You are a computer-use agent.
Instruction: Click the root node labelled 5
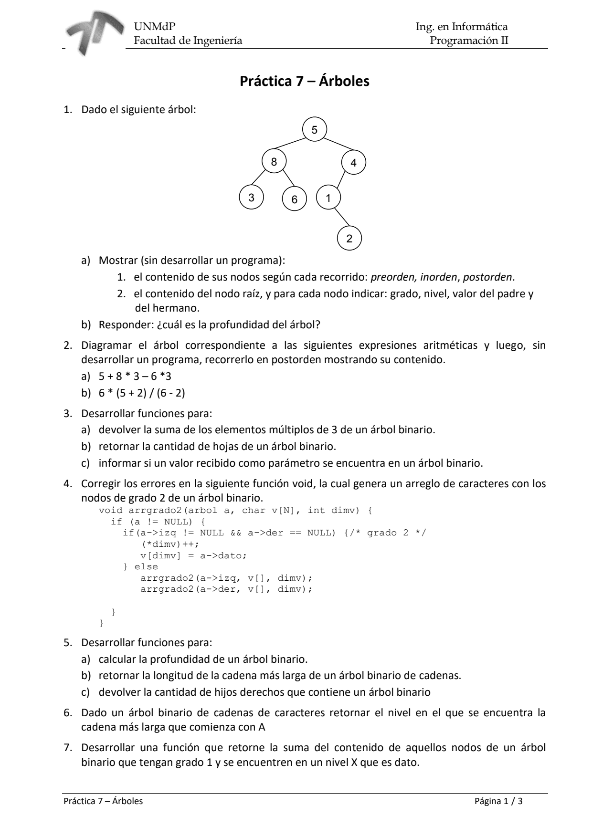coord(315,129)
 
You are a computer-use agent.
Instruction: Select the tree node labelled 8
coord(274,162)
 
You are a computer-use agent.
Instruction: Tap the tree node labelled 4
coord(354,163)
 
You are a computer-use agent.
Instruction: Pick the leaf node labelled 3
coord(252,197)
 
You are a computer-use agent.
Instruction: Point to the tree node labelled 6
coord(294,199)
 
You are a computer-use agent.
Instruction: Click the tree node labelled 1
coord(328,198)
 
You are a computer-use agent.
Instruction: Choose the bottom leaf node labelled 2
coord(349,239)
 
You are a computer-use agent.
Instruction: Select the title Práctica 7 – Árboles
coord(304,81)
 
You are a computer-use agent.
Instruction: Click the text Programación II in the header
coord(468,41)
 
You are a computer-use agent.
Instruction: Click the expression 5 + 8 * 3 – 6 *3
coord(135,377)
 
